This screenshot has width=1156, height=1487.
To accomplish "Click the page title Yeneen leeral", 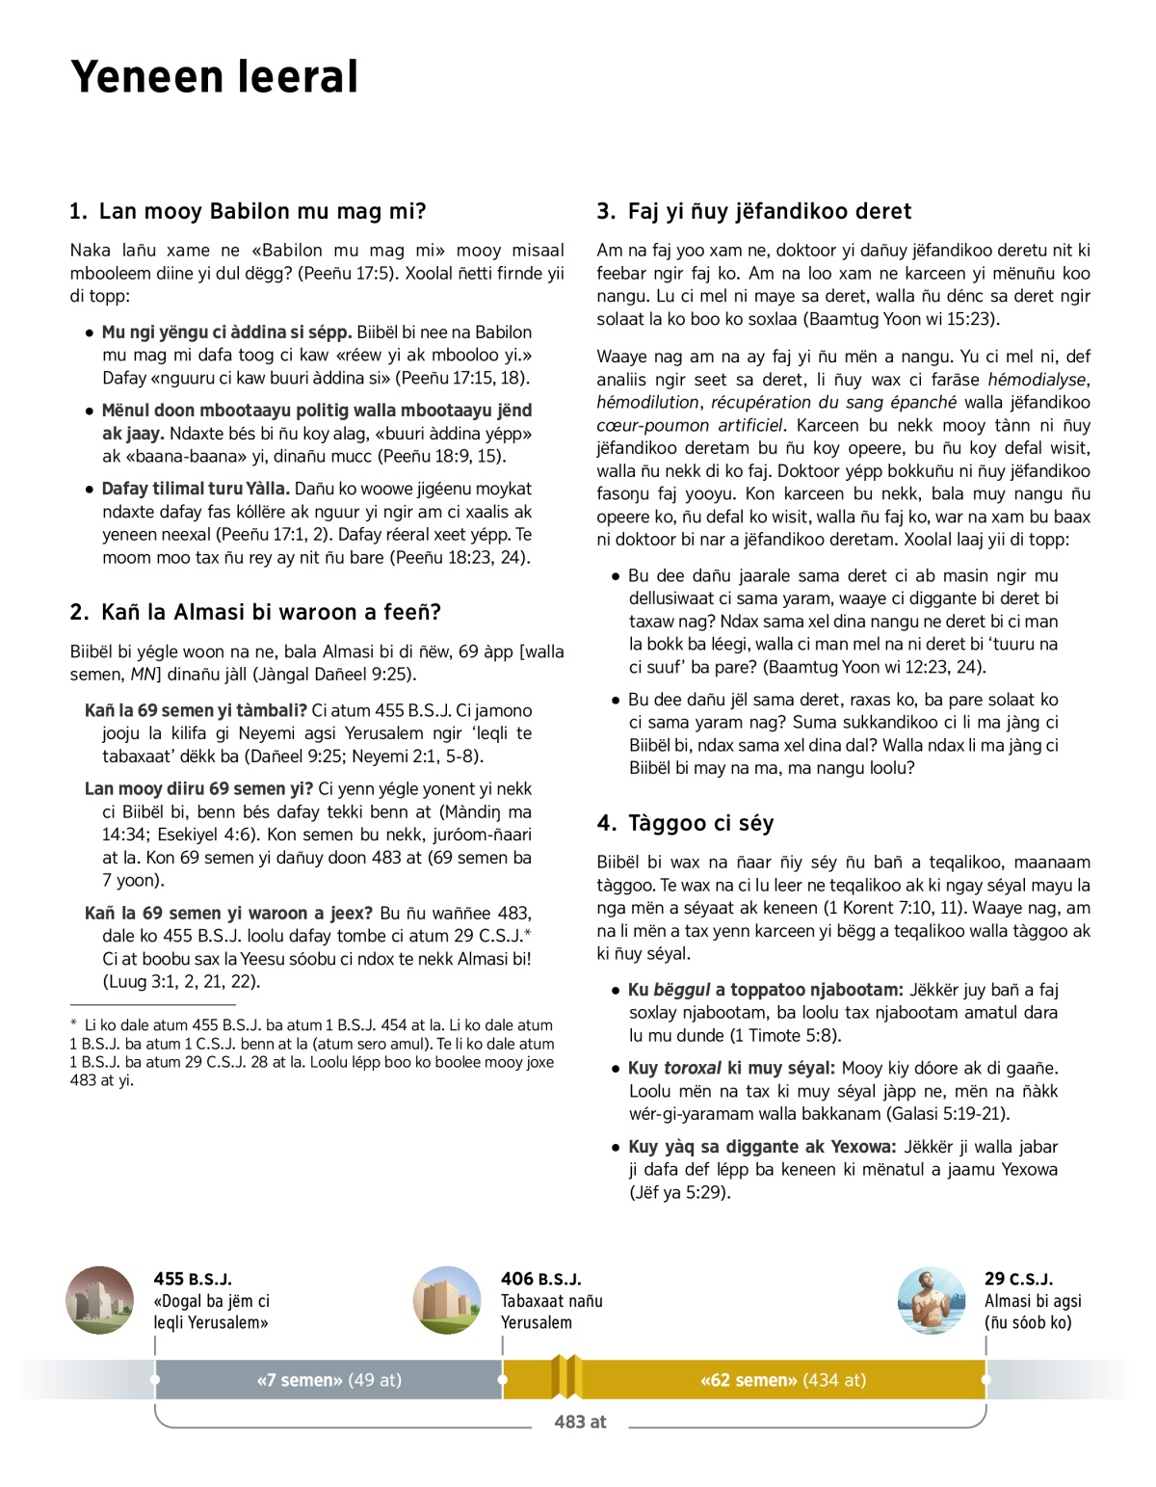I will (x=214, y=77).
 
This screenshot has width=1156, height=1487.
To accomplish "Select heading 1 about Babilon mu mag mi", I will (x=248, y=212).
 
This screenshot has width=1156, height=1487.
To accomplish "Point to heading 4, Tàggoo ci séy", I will (x=685, y=823).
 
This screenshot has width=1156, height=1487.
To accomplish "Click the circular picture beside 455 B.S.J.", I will (x=100, y=1300).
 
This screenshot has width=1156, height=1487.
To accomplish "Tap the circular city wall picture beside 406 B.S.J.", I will (x=447, y=1300).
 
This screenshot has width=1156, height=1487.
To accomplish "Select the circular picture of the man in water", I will (x=932, y=1300).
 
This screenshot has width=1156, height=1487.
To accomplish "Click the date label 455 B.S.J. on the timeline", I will (x=193, y=1279).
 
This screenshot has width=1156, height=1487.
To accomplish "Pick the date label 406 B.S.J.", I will (x=540, y=1279).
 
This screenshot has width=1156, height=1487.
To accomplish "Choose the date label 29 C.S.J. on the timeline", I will (x=1018, y=1279).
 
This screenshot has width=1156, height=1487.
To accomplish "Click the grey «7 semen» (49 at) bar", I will (x=328, y=1380).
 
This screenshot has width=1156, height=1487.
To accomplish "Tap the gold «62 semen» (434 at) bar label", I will (x=782, y=1380).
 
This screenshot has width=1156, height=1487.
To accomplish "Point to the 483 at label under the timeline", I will (x=580, y=1421).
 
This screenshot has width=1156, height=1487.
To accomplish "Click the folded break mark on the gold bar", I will (x=566, y=1376).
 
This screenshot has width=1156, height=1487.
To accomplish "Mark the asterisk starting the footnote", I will (x=74, y=1024).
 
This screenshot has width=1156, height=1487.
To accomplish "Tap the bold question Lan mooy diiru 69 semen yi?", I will (x=199, y=788).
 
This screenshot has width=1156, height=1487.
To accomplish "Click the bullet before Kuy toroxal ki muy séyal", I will (x=616, y=1069).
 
